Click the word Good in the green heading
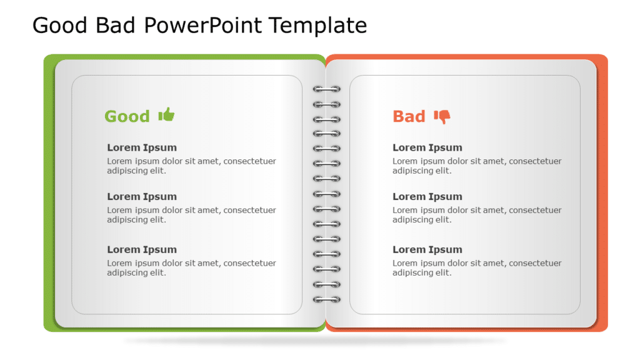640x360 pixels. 127,116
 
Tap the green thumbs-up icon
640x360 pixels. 166,114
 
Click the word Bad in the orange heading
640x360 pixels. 409,116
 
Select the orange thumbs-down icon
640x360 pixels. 442,117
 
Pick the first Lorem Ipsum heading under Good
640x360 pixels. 142,147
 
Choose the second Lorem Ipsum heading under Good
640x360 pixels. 142,196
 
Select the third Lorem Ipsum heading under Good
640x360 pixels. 142,249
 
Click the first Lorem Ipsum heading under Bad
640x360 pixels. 427,147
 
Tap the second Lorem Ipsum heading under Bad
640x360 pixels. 427,196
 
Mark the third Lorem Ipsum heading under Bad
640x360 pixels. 427,249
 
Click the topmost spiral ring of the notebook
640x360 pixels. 327,89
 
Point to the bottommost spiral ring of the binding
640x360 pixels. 327,299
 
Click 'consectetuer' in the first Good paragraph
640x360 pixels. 250,161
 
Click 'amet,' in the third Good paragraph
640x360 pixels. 208,263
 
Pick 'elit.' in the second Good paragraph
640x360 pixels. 156,219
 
